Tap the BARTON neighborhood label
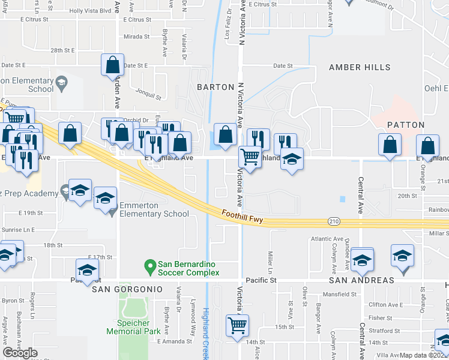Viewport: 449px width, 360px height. click(215, 87)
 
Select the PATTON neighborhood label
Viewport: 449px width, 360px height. click(406, 125)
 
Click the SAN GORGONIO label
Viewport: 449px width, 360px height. click(127, 289)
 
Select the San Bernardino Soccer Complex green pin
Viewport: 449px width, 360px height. click(150, 265)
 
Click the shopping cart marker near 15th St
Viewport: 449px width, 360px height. click(238, 325)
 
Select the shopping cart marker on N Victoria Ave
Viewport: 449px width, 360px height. click(250, 157)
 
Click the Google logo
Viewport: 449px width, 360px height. click(20, 353)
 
